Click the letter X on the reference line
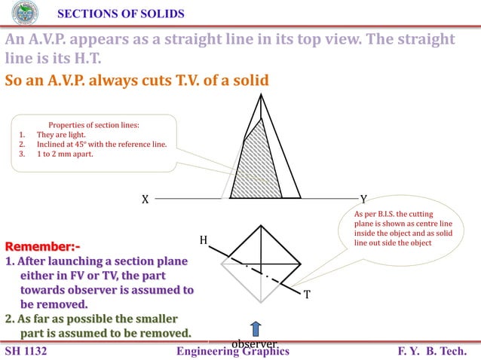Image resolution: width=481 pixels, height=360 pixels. point(145,200)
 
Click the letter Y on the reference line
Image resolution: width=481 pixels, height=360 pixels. point(363,200)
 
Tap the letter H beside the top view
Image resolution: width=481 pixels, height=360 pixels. point(203,240)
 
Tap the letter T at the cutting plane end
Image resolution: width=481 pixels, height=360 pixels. point(307,294)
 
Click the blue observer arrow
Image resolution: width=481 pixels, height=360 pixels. point(256,329)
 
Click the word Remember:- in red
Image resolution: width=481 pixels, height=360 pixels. point(42,246)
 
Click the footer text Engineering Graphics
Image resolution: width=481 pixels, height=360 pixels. point(232,351)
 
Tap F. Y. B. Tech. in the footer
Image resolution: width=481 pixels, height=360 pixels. point(437,351)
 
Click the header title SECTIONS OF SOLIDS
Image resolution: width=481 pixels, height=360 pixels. point(121,14)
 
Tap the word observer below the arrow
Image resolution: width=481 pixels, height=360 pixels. point(254,344)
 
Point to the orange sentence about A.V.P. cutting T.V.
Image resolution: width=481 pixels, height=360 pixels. point(136,80)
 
